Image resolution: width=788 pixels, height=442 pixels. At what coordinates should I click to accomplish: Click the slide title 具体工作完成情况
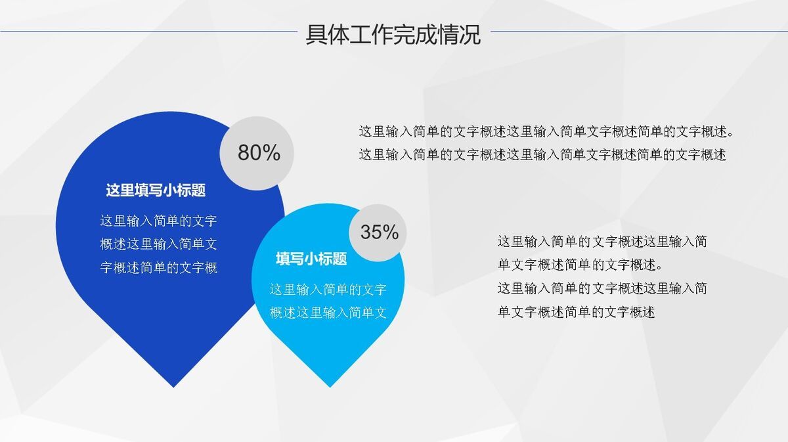point(393,35)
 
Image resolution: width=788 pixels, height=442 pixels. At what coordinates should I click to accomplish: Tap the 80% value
point(259,153)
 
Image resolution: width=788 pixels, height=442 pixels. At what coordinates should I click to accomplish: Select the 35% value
point(380,232)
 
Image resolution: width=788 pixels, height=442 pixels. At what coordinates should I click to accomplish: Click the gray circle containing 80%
point(257,154)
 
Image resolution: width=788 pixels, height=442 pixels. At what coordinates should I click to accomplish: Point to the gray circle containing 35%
point(378,233)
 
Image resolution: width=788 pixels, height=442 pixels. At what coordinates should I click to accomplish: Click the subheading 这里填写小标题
point(156,190)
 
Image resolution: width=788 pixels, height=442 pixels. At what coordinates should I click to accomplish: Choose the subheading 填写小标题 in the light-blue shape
point(311,259)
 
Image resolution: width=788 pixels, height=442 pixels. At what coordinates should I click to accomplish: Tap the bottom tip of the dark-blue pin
point(173,387)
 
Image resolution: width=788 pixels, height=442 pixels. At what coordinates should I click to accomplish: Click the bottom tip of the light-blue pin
point(330,387)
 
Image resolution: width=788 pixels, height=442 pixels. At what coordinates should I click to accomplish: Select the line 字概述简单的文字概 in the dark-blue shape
point(159,267)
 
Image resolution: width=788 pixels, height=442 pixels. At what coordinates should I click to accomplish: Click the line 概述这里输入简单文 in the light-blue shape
point(328,313)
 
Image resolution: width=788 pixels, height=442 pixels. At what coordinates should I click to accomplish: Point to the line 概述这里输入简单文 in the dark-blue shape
point(159,244)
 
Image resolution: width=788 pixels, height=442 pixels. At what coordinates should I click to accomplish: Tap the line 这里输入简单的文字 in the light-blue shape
point(328,289)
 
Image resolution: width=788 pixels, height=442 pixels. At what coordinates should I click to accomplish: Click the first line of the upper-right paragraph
point(546,131)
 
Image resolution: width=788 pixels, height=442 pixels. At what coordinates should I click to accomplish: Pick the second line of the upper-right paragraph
point(542,154)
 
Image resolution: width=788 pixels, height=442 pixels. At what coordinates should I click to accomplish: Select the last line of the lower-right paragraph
point(577,312)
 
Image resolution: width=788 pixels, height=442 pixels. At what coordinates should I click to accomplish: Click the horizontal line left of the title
point(149,32)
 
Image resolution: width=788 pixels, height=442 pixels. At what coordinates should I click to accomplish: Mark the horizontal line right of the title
point(639,32)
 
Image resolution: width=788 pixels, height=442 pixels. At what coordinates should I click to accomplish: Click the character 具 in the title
point(317,35)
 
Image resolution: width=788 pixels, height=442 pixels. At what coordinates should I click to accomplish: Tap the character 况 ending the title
point(470,35)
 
